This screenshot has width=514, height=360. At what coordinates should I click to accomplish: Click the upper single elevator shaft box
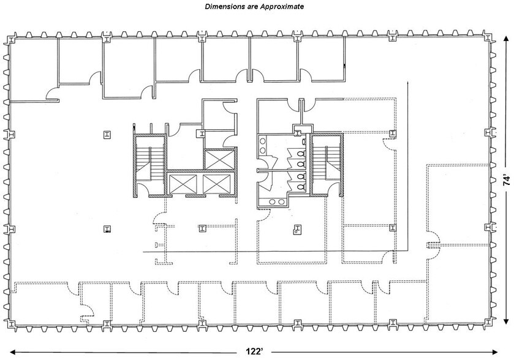click(x=219, y=159)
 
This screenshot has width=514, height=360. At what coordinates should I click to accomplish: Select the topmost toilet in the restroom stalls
click(x=302, y=141)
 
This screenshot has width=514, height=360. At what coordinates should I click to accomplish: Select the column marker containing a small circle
click(x=296, y=231)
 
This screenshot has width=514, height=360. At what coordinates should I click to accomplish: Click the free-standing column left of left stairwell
click(x=107, y=135)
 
